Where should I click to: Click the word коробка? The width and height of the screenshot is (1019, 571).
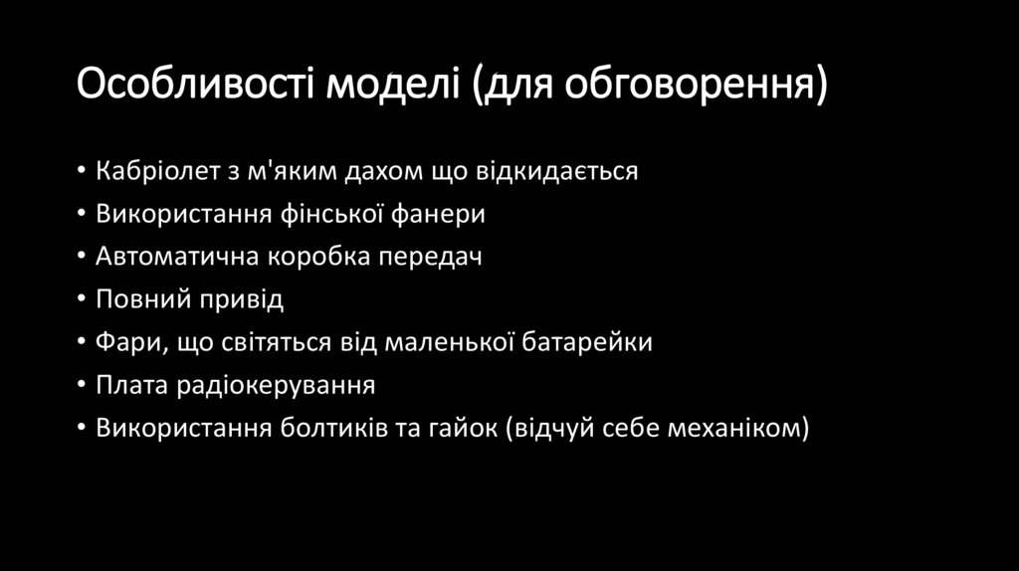[x=317, y=257]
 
